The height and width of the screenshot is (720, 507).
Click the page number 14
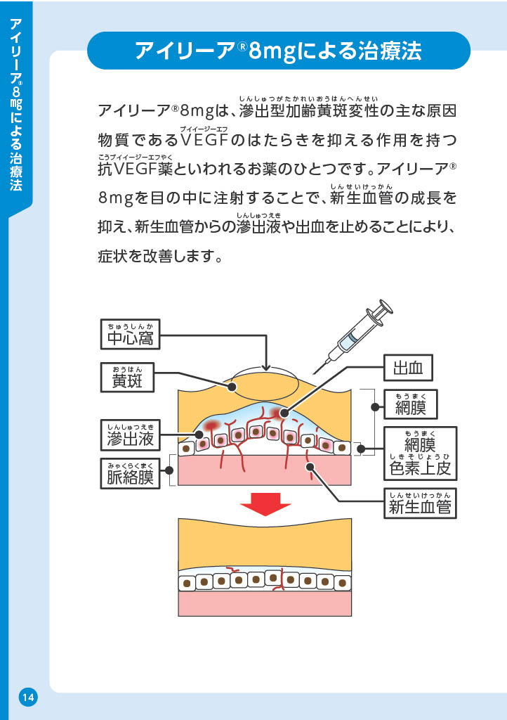point(28,697)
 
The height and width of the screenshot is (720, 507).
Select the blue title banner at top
point(278,51)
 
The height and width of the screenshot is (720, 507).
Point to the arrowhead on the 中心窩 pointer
point(265,367)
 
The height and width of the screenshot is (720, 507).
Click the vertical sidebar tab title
point(16,105)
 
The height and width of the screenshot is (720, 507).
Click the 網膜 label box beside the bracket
point(411,405)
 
